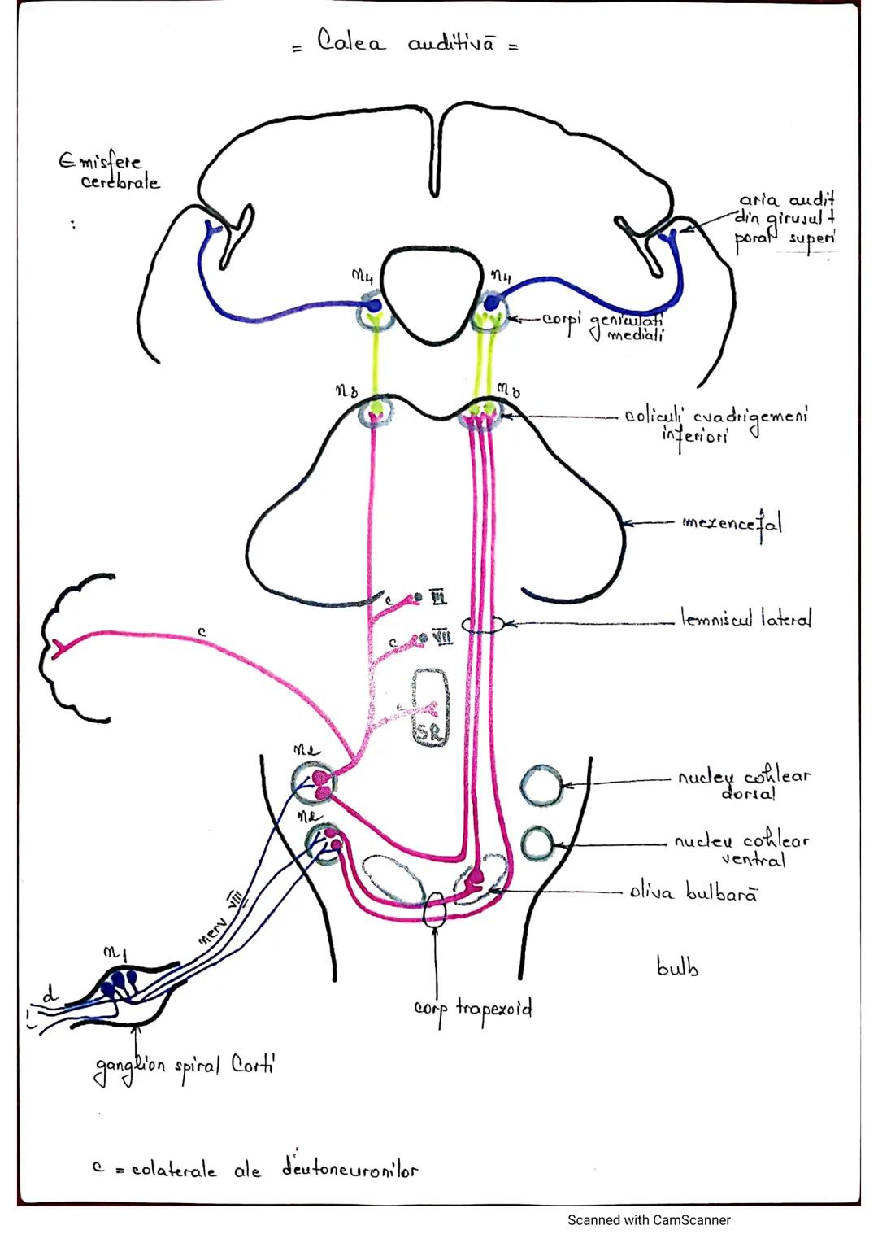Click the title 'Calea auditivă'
pos(406,43)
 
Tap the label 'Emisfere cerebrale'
pos(109,171)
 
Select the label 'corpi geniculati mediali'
pos(602,326)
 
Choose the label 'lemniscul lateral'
pos(745,620)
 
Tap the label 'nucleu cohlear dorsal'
pos(744,784)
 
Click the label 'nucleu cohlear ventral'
pos(741,849)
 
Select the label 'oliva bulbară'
pos(693,893)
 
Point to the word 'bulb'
pos(677,967)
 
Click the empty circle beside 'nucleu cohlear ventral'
pos(537,844)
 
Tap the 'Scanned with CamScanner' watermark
pos(649,1220)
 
